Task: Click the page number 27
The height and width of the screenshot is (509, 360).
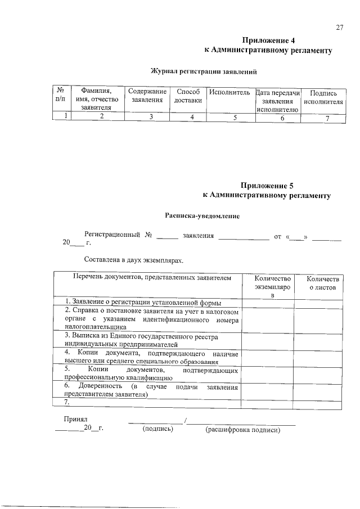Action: tap(339, 28)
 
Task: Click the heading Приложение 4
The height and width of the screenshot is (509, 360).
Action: tap(268, 40)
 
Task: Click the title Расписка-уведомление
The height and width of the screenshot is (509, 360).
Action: tap(202, 215)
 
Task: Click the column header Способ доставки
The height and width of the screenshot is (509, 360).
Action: tap(188, 96)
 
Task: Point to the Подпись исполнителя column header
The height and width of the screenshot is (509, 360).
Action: tap(323, 97)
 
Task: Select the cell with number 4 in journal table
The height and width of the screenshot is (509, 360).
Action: tap(192, 117)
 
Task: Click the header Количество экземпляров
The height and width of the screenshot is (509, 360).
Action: tap(272, 286)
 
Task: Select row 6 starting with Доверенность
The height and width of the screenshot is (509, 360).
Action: tap(151, 391)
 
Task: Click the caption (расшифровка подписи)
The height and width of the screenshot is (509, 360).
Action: tap(242, 430)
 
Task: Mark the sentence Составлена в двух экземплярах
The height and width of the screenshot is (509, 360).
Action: tap(133, 260)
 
